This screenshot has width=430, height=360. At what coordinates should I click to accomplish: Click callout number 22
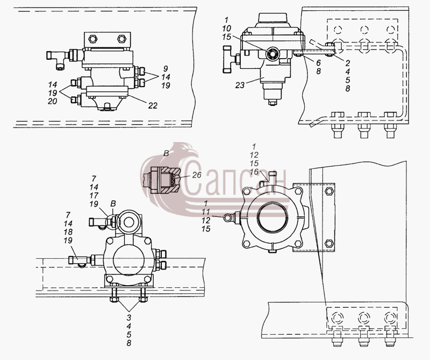point(153,105)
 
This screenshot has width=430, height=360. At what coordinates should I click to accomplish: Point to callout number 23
point(240,86)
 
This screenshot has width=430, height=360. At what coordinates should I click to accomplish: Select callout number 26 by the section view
point(197,175)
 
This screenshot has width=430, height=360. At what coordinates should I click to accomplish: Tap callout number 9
point(166,69)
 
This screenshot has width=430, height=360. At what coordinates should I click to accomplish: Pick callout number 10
point(227,29)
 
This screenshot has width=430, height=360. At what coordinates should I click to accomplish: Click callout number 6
point(318,63)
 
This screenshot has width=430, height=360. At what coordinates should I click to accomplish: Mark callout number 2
point(347,63)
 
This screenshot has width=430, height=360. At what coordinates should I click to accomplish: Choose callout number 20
point(52,101)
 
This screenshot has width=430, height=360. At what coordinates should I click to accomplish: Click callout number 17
point(94,195)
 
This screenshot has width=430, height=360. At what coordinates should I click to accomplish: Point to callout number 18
point(68,232)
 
